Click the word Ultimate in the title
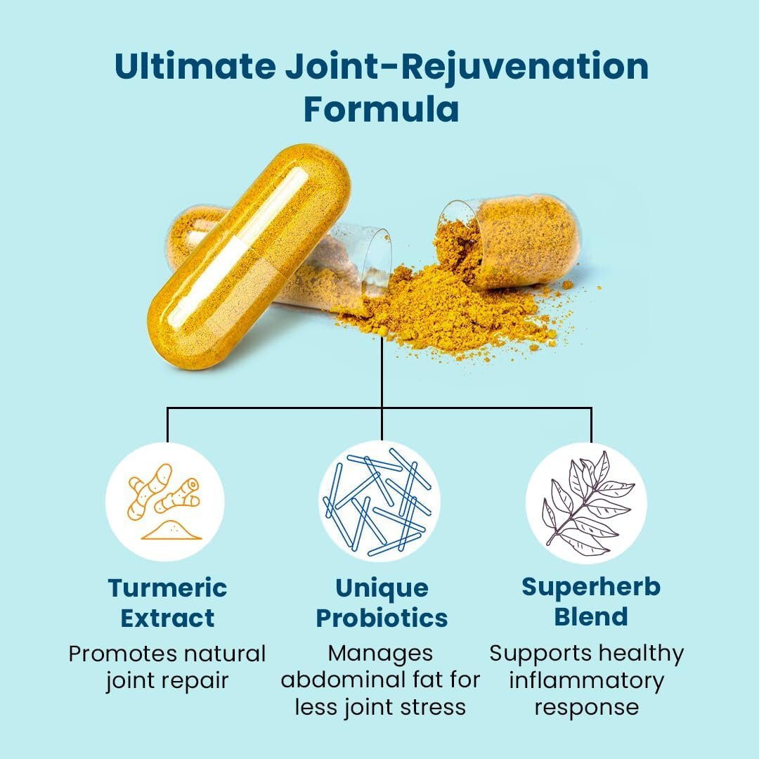(x=195, y=66)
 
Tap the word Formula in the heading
(x=382, y=109)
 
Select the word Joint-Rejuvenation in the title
(x=467, y=67)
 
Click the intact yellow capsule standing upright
(x=249, y=257)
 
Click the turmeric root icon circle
(x=165, y=502)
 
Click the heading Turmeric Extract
(x=167, y=603)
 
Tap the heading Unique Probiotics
(x=382, y=603)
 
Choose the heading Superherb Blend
(x=591, y=602)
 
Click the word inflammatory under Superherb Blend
(x=587, y=681)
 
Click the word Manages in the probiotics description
(x=380, y=654)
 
